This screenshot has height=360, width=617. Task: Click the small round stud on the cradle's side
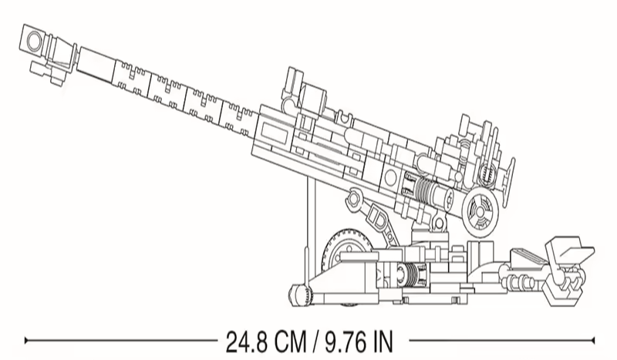coord(391,178)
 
